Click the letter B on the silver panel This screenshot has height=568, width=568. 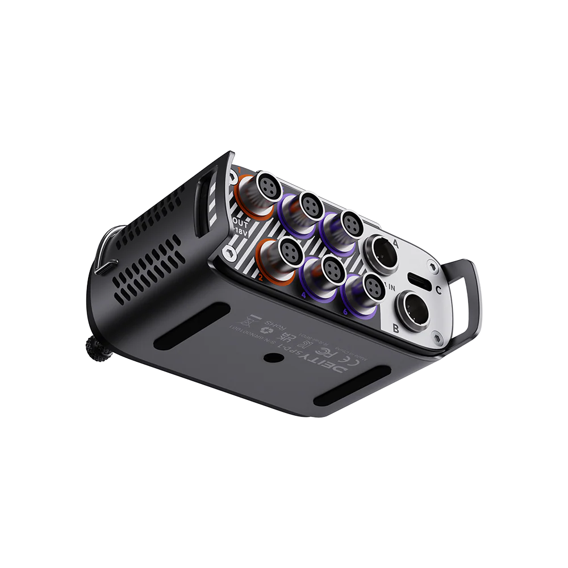(x=396, y=327)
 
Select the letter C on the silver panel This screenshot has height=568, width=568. (x=438, y=288)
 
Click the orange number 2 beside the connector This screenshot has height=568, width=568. (x=260, y=278)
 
